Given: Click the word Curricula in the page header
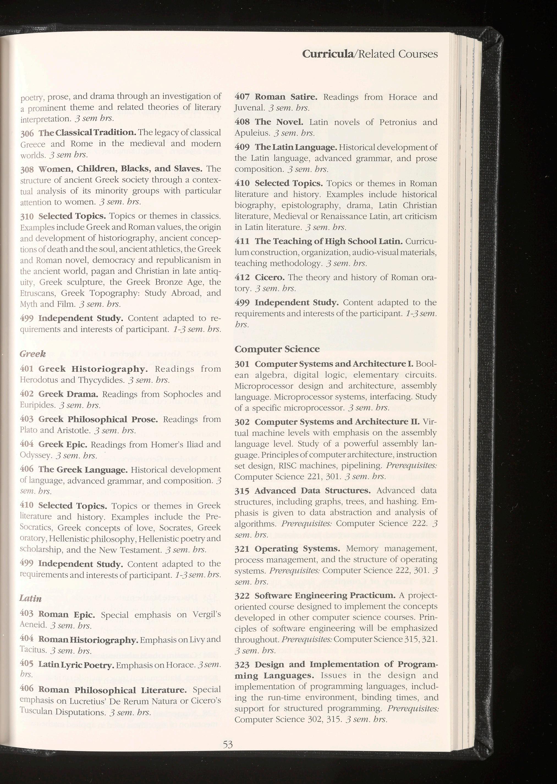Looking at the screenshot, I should point(328,54).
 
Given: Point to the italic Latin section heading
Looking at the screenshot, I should point(31,599).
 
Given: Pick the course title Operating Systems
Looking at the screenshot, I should point(297,549).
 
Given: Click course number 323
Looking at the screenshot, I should point(242,665).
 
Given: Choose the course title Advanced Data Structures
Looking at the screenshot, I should point(312,491).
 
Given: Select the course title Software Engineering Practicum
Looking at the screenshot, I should point(325,595).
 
